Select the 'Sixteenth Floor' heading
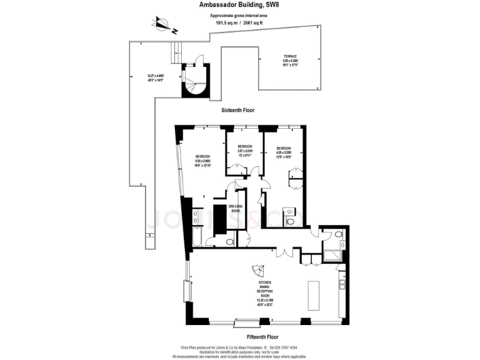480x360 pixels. (x=238, y=110)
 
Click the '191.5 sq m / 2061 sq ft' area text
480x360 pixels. (x=239, y=23)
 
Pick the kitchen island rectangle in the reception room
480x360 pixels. (x=314, y=294)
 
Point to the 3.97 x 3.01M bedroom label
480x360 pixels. (x=244, y=152)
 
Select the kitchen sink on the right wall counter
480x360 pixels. (x=342, y=285)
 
